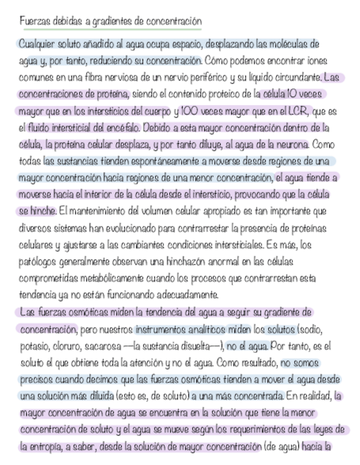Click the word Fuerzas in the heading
click(32, 21)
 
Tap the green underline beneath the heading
click(110, 30)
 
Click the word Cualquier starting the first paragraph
click(37, 43)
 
